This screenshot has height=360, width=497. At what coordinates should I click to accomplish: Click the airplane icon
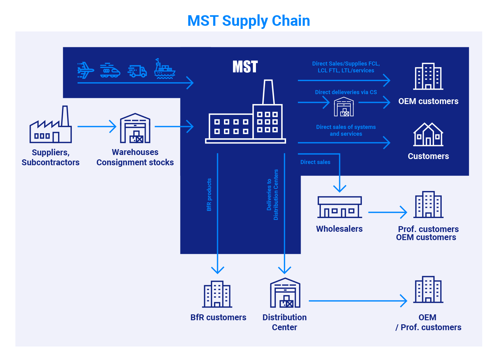click(x=86, y=70)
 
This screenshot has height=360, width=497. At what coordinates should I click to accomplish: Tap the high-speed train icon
click(x=110, y=71)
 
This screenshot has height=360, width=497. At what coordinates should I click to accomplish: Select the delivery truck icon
click(x=137, y=71)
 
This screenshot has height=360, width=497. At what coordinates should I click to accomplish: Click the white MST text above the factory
click(x=245, y=66)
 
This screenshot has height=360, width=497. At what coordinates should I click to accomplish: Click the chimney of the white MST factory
click(x=268, y=92)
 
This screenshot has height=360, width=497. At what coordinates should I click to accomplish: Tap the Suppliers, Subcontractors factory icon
click(x=51, y=125)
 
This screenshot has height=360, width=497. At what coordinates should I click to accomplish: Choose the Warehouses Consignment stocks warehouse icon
click(x=135, y=128)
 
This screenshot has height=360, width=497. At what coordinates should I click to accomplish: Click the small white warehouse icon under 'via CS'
click(x=344, y=107)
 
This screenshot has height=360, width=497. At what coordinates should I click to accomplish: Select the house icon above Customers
click(x=428, y=134)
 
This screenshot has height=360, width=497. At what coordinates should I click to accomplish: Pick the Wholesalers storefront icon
click(x=340, y=207)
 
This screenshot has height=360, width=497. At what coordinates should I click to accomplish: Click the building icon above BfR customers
click(x=217, y=294)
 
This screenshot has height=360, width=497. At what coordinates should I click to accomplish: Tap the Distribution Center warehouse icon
click(x=285, y=293)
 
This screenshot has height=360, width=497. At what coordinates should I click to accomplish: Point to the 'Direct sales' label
click(x=315, y=162)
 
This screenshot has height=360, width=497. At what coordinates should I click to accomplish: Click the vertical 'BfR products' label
click(x=209, y=194)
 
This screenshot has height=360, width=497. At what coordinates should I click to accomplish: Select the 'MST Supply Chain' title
click(x=249, y=21)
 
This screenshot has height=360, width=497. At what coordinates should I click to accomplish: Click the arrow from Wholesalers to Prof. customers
click(x=387, y=212)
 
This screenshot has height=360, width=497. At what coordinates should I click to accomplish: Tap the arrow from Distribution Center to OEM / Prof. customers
click(x=358, y=301)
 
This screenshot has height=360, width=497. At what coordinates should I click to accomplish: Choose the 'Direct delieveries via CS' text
click(x=346, y=92)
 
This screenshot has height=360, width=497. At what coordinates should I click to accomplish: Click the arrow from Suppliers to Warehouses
click(x=97, y=127)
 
